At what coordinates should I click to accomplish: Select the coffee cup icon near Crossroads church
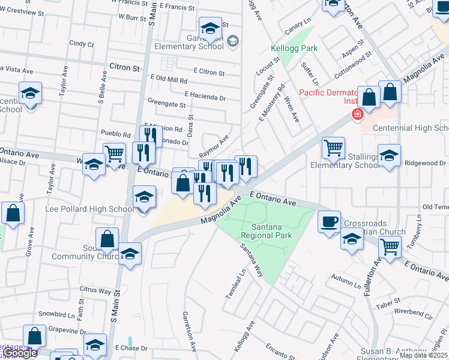329,221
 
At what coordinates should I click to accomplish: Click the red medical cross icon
358,114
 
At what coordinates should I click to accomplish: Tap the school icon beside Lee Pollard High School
144,197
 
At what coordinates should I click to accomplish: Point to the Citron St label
125,68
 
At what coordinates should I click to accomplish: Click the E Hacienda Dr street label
205,95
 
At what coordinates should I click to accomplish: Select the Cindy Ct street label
78,43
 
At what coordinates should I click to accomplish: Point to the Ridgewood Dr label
425,163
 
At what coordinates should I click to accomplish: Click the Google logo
20,353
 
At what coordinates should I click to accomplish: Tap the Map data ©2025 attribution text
423,355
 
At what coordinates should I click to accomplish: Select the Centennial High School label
411,128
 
